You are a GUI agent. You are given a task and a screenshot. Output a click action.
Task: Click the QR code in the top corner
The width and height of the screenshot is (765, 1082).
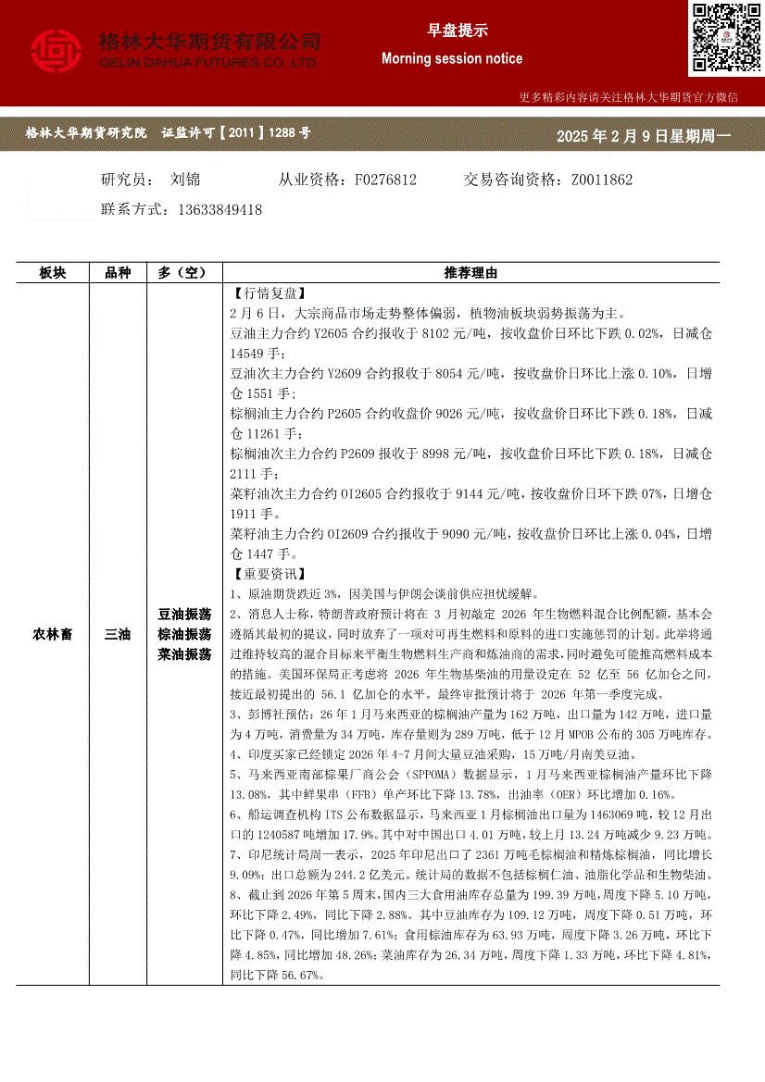(x=725, y=37)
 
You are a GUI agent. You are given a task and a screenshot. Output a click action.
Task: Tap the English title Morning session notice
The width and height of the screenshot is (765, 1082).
(x=452, y=58)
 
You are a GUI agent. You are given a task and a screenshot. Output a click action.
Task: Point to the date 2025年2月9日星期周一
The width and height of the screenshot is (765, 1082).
(x=644, y=136)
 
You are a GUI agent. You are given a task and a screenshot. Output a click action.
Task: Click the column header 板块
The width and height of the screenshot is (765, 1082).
(x=52, y=273)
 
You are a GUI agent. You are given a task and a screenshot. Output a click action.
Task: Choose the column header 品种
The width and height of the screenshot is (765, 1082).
(x=118, y=273)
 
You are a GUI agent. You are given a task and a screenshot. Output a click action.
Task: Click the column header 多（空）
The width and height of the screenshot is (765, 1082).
(x=184, y=273)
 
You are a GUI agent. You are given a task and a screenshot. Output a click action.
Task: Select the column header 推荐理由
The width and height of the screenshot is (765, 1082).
(x=470, y=273)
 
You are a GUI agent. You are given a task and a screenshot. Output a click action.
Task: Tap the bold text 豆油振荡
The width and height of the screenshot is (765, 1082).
(x=184, y=615)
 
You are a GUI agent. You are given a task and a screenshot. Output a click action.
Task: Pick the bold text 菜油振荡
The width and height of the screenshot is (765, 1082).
(x=184, y=654)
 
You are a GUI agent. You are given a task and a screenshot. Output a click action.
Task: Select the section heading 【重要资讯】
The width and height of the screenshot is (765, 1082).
(x=264, y=575)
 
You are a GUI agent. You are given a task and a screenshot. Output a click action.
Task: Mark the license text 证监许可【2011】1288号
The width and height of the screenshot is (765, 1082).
(x=236, y=133)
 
